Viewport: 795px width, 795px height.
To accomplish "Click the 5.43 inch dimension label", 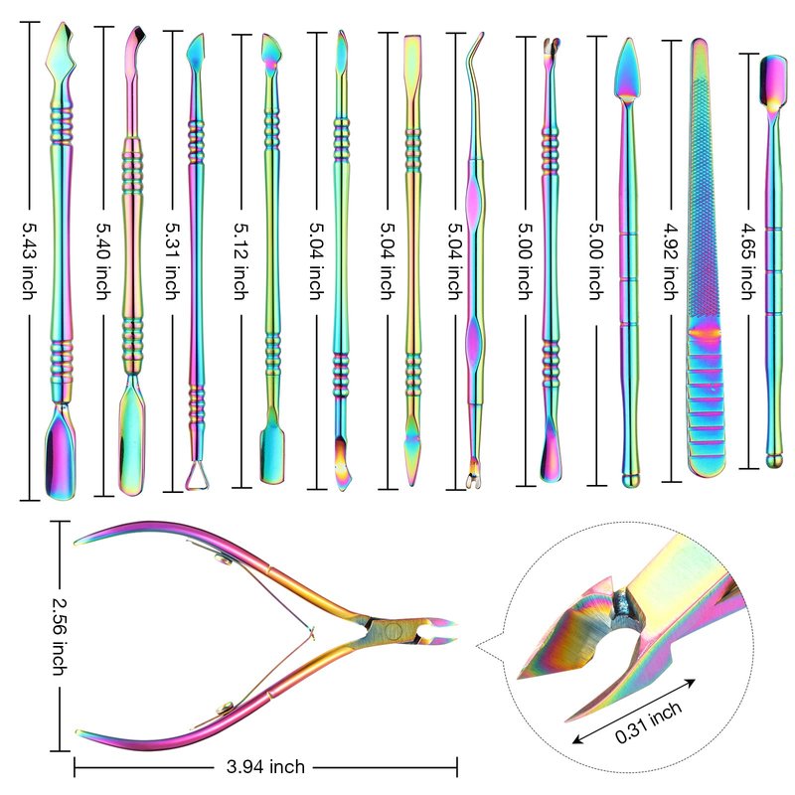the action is [x=30, y=260].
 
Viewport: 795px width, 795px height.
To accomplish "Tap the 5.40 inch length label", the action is [x=104, y=260].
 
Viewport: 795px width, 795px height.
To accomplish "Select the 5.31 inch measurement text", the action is [x=172, y=260].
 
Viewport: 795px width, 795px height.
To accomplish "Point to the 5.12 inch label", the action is [x=241, y=260].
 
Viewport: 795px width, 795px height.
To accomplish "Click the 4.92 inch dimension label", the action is [x=672, y=260].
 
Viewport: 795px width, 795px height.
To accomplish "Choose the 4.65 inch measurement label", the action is [x=748, y=260].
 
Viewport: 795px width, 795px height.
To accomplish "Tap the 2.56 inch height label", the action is [x=60, y=636].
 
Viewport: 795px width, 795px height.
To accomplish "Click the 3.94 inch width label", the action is [x=265, y=766].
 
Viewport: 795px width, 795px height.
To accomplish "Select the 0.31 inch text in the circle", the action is [x=648, y=722].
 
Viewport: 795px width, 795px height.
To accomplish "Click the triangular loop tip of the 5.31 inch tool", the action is [x=197, y=477].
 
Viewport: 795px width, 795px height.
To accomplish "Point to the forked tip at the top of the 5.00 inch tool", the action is [x=552, y=47].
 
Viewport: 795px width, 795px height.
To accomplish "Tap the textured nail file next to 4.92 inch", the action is [x=706, y=257].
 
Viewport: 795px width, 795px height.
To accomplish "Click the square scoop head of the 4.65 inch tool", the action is [x=773, y=80].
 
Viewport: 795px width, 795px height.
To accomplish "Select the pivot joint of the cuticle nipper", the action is [x=393, y=632].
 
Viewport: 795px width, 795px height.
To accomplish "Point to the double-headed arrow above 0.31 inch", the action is [x=633, y=711].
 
